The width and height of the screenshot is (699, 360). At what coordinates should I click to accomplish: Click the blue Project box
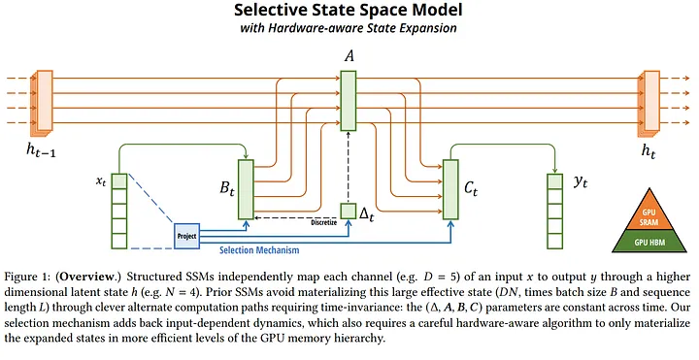[x=186, y=235]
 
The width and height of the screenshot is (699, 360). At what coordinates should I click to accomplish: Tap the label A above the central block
[x=348, y=57]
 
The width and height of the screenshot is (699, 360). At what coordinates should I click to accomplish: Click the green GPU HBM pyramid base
[x=652, y=240]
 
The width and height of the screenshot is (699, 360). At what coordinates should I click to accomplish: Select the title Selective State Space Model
[x=349, y=12]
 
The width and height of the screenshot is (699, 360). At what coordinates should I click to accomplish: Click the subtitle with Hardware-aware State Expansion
[x=349, y=30]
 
